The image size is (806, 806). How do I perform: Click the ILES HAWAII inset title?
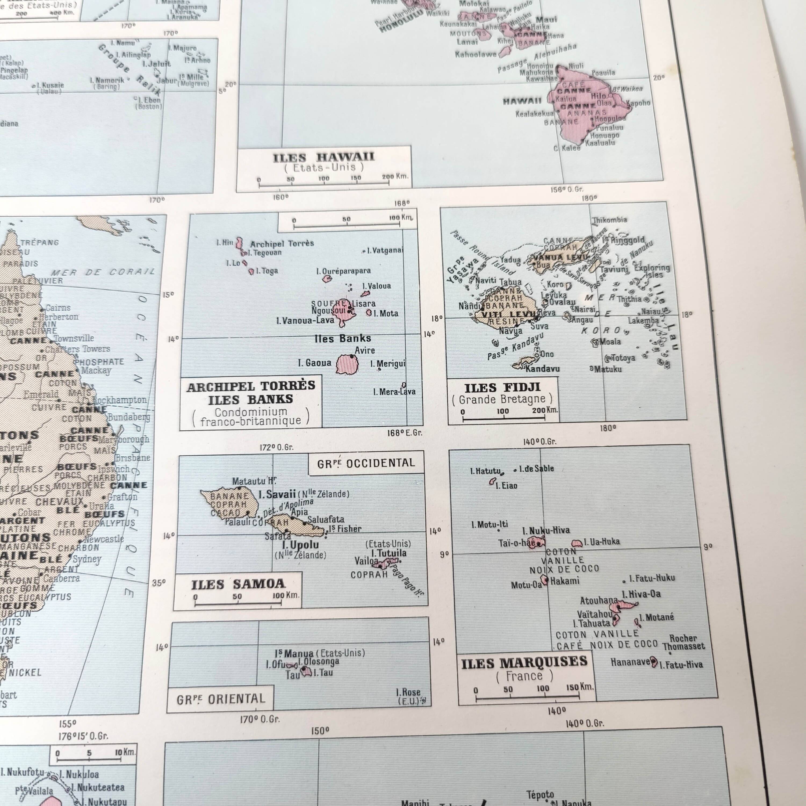tap(324, 158)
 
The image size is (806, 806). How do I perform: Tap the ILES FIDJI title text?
tap(502, 388)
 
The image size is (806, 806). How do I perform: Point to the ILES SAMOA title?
tap(238, 584)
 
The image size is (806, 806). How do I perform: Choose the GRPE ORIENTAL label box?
tap(221, 699)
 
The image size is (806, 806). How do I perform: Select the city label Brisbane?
tap(133, 458)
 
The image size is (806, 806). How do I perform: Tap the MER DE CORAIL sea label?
tap(103, 272)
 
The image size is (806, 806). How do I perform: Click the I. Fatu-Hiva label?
tap(681, 665)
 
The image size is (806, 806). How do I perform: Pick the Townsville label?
tap(74, 338)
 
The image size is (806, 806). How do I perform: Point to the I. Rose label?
tap(408, 692)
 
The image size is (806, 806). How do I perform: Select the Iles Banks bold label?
tap(343, 338)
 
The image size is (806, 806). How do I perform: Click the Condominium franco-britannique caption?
tap(251, 416)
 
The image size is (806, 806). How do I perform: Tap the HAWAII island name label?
tap(522, 101)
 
